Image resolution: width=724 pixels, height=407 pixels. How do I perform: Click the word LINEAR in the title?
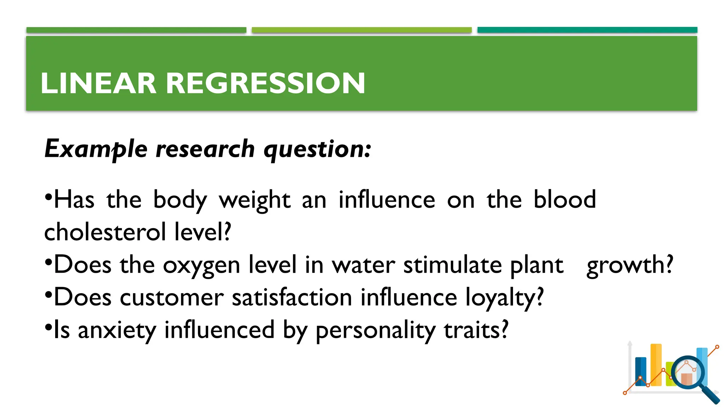(x=98, y=83)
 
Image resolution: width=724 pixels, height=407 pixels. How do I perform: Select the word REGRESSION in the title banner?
(x=265, y=83)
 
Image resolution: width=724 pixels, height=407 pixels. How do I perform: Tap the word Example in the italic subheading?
(x=96, y=148)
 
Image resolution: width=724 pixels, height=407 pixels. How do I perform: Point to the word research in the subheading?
(x=205, y=148)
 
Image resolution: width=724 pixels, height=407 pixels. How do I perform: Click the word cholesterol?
(x=105, y=232)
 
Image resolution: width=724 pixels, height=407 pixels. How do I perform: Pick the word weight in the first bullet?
(x=255, y=200)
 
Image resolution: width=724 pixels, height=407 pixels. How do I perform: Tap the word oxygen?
(x=202, y=265)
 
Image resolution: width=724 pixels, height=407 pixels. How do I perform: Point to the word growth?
(x=630, y=265)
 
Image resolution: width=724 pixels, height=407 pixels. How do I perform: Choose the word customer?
(x=172, y=297)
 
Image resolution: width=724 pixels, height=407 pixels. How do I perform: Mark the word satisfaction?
(x=292, y=297)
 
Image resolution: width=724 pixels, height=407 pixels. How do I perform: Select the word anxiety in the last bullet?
(x=117, y=330)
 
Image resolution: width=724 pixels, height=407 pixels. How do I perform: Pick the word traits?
(x=476, y=330)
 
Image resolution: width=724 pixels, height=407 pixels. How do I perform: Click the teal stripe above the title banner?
(x=587, y=30)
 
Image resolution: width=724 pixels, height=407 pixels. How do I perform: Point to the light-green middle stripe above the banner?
(x=362, y=30)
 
